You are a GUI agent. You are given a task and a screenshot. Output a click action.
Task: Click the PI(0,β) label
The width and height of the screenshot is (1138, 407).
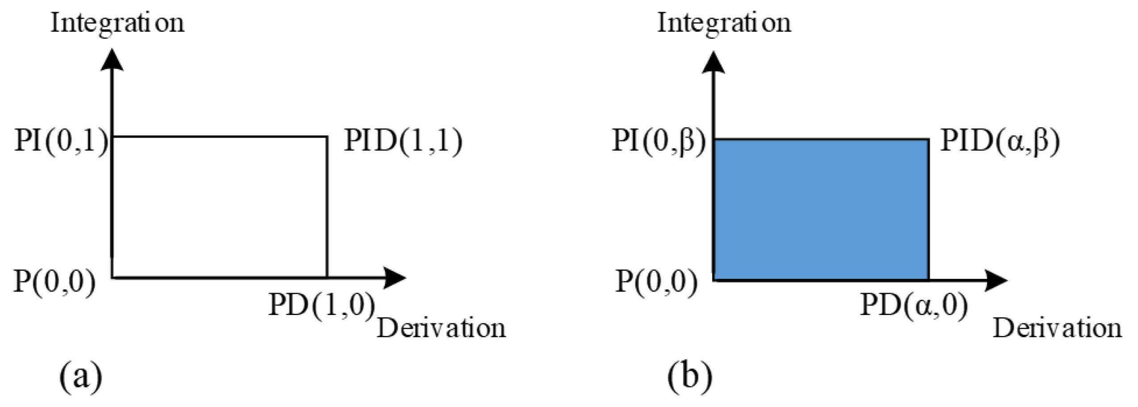click(x=659, y=142)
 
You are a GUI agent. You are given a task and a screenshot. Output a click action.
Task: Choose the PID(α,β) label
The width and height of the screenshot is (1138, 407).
click(x=1000, y=142)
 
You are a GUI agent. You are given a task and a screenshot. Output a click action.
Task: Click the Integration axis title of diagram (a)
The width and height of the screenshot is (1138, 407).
click(x=117, y=22)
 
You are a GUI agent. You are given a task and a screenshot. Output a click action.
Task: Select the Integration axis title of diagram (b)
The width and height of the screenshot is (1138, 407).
click(x=724, y=22)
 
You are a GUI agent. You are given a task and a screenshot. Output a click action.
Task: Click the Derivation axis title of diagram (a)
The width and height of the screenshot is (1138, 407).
click(x=442, y=328)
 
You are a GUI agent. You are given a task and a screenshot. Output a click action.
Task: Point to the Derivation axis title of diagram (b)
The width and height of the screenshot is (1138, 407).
click(x=1057, y=328)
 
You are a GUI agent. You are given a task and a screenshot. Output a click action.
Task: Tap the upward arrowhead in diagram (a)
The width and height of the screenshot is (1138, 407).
click(x=112, y=60)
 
